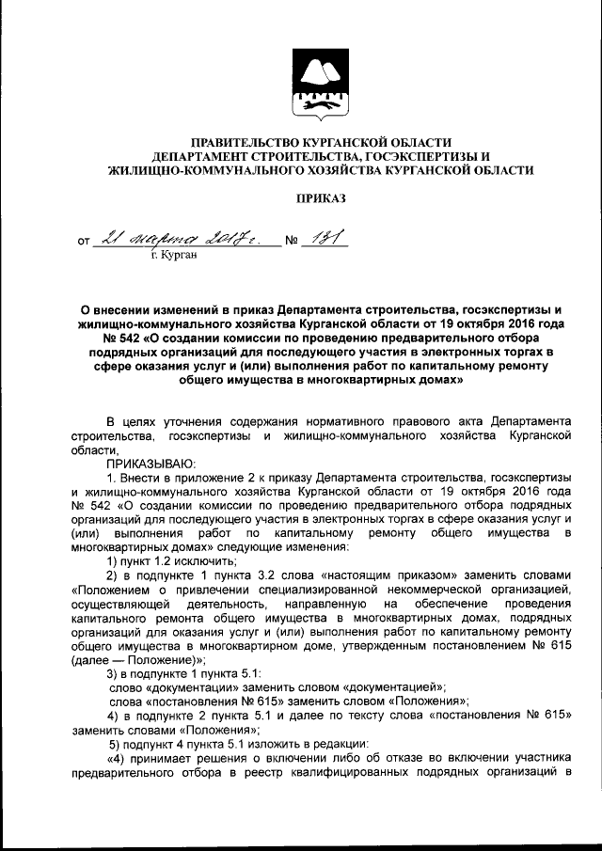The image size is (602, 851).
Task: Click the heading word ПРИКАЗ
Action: (322, 198)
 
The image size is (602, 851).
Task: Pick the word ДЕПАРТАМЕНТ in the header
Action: (200, 155)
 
